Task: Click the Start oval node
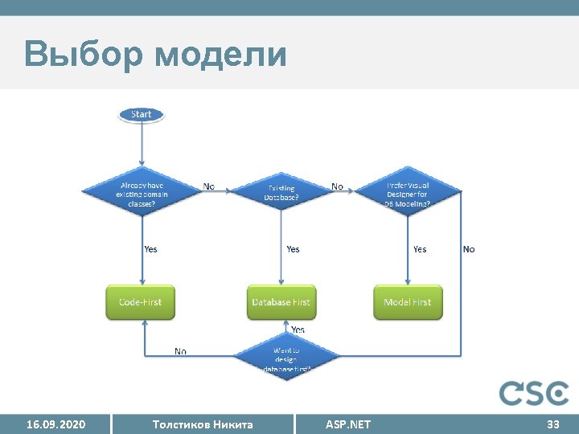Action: (x=141, y=114)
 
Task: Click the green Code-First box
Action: (x=141, y=302)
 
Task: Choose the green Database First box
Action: (x=281, y=302)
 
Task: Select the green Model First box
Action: (x=408, y=302)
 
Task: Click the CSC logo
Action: (x=533, y=393)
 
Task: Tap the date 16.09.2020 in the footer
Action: (x=55, y=424)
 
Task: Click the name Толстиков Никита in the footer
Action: (x=203, y=424)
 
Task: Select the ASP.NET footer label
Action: (x=348, y=424)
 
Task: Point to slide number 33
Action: (x=552, y=424)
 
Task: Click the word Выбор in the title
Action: (x=81, y=55)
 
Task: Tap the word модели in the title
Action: (x=220, y=55)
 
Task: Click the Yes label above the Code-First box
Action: (x=150, y=249)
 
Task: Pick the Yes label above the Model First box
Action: (x=420, y=249)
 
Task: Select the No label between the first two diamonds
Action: (x=209, y=186)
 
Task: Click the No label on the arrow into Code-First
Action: (x=181, y=351)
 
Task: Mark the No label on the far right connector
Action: (x=469, y=249)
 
